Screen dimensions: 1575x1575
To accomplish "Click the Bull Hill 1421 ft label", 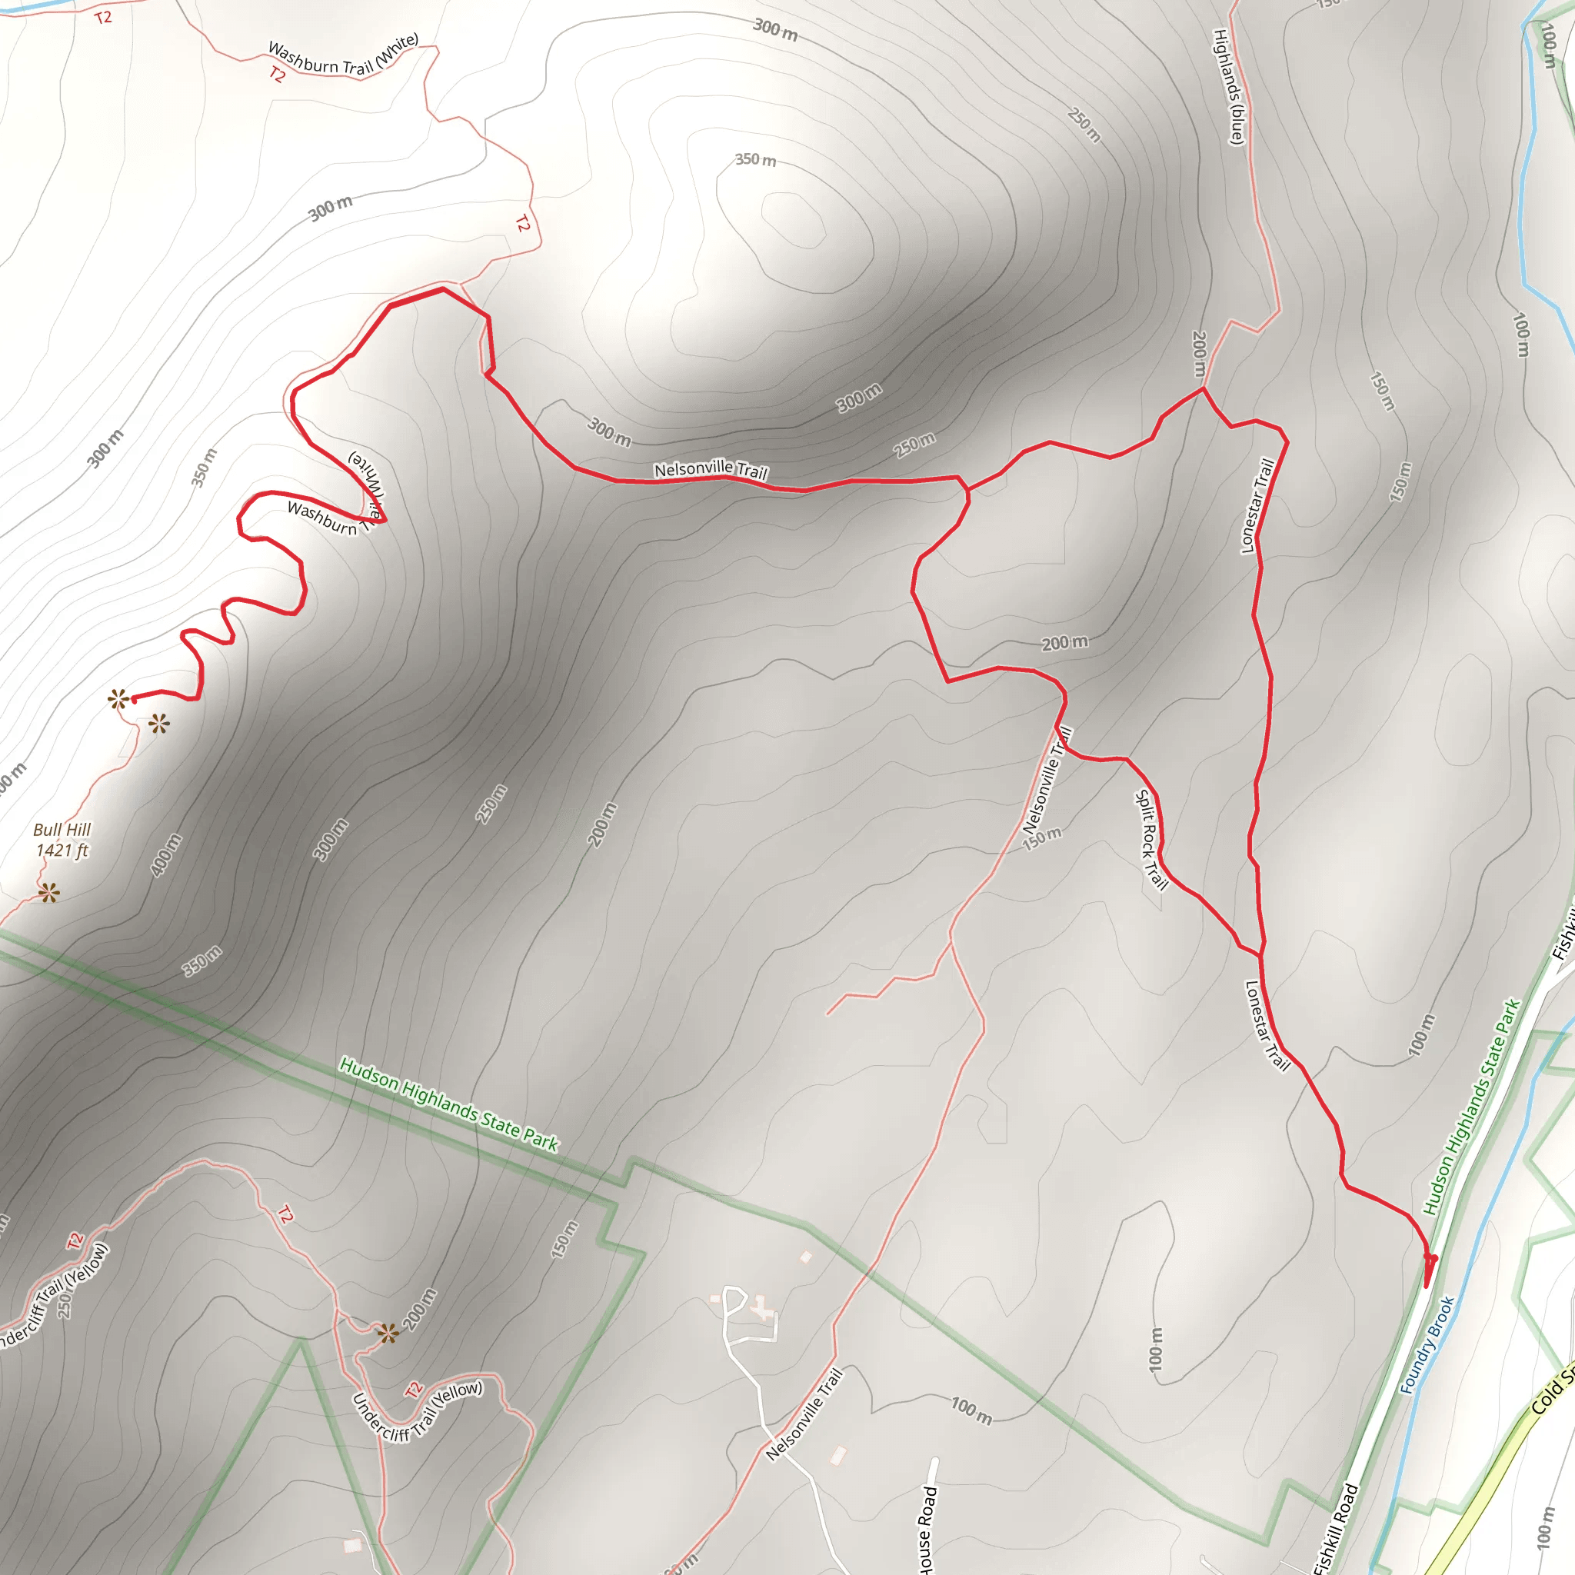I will coord(62,840).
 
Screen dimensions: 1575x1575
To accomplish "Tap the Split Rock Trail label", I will coord(1150,840).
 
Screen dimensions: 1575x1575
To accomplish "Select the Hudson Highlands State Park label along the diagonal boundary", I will coord(448,1104).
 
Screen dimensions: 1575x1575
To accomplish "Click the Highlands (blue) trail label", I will coord(1228,86).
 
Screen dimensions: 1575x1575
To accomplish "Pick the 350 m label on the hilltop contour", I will coord(755,160).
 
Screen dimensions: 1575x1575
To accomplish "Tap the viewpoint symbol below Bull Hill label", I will coord(49,894).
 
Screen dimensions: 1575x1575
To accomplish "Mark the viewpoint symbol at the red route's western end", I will coord(119,698).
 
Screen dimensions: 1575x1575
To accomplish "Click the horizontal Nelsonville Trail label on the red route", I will coord(711,470).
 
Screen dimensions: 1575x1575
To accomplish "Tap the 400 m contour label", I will coord(166,855).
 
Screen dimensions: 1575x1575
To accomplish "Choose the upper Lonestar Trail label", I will coord(1257,506).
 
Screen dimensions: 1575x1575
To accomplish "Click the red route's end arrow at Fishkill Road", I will coord(1429,1262).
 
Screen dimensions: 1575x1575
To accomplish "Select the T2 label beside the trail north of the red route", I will coord(522,222).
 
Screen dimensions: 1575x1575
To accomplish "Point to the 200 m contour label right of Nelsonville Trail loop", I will coord(1064,642).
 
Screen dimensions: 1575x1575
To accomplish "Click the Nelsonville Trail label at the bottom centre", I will coord(804,1414).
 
